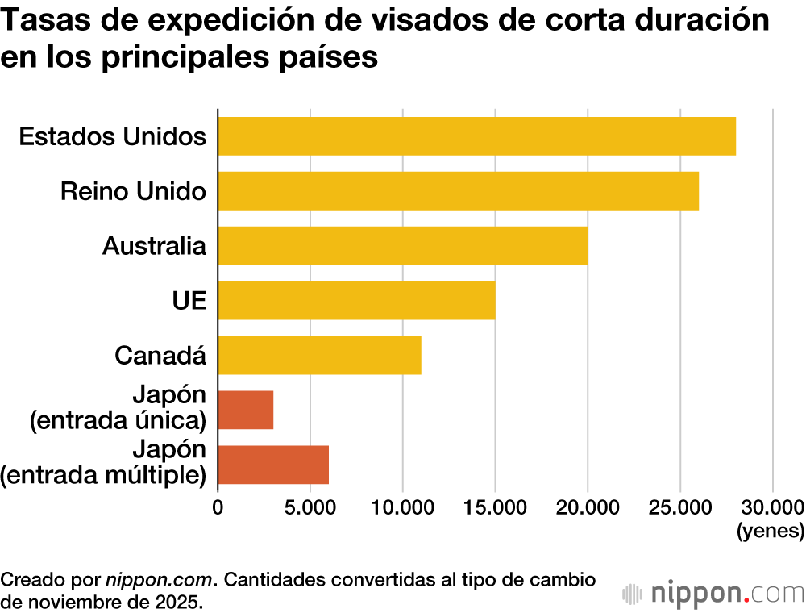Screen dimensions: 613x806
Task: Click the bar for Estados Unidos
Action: (476, 136)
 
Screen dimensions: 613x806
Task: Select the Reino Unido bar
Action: (458, 190)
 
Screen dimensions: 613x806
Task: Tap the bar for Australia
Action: (402, 245)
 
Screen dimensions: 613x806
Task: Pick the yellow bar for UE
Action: (356, 300)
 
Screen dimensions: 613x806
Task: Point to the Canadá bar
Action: (319, 355)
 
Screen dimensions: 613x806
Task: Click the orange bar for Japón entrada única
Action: (246, 410)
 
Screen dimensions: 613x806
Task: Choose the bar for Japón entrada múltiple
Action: (273, 465)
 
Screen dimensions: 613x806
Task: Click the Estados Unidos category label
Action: (112, 136)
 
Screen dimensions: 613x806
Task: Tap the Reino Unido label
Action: (133, 191)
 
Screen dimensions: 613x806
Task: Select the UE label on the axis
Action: (189, 301)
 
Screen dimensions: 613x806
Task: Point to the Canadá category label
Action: (160, 355)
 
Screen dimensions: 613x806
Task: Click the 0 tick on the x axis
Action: (218, 507)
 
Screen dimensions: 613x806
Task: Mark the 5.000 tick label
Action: (310, 507)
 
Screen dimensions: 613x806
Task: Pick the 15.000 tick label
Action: (495, 507)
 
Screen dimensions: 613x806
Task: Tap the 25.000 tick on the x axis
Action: (680, 507)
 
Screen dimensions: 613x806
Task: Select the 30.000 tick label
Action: (771, 507)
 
